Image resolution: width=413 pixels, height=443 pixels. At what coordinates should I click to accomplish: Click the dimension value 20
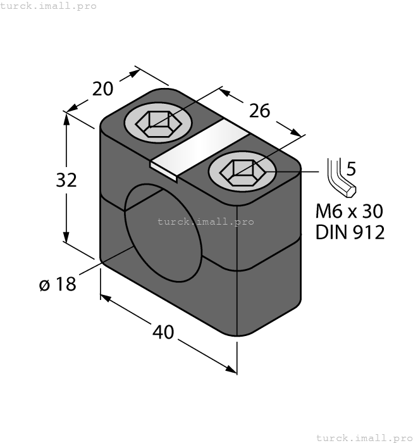point(102,89)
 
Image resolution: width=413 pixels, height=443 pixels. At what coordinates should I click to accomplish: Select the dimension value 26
point(259,111)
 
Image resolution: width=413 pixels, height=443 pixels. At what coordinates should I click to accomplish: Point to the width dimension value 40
point(163,332)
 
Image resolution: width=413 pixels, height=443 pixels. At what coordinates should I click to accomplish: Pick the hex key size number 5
point(352,169)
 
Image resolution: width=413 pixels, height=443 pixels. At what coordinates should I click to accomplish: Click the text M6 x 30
point(350,210)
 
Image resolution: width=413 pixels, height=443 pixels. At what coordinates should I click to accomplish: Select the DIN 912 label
point(350,232)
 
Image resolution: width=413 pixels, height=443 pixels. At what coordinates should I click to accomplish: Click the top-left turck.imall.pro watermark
point(49,6)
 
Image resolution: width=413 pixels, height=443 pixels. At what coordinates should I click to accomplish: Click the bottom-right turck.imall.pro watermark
point(364,437)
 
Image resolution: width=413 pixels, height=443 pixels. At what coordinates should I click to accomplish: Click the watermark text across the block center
point(205,221)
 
